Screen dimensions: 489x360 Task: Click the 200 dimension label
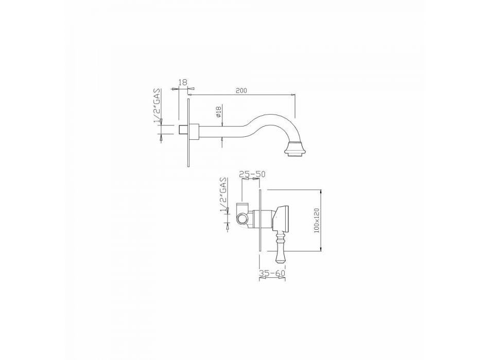coord(241,91)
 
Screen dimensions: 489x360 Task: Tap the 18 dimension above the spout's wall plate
coord(183,82)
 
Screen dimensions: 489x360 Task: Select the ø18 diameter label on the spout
coord(218,112)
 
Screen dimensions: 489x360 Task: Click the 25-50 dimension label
coord(250,174)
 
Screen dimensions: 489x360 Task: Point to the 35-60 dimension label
coord(272,273)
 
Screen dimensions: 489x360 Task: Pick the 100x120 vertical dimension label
coord(317,220)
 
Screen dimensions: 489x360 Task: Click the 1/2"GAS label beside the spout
coord(158,105)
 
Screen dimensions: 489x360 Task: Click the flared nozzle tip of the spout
coord(294,149)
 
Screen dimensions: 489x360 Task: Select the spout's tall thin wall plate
coord(188,133)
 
